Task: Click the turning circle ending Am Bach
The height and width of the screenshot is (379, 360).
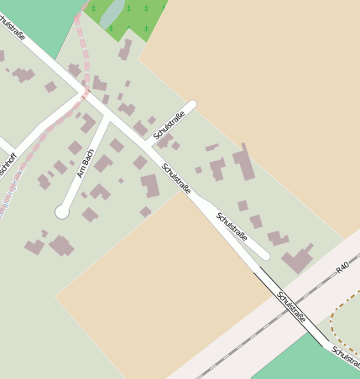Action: (61, 212)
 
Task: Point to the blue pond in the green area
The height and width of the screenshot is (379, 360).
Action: (113, 13)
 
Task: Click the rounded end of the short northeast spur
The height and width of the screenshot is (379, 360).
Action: (192, 105)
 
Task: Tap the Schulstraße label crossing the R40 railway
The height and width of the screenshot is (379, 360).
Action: (290, 309)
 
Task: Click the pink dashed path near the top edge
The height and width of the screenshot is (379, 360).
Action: (81, 34)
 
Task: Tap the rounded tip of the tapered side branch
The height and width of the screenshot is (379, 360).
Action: (263, 253)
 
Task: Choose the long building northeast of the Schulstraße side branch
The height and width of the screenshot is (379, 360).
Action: (245, 164)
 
